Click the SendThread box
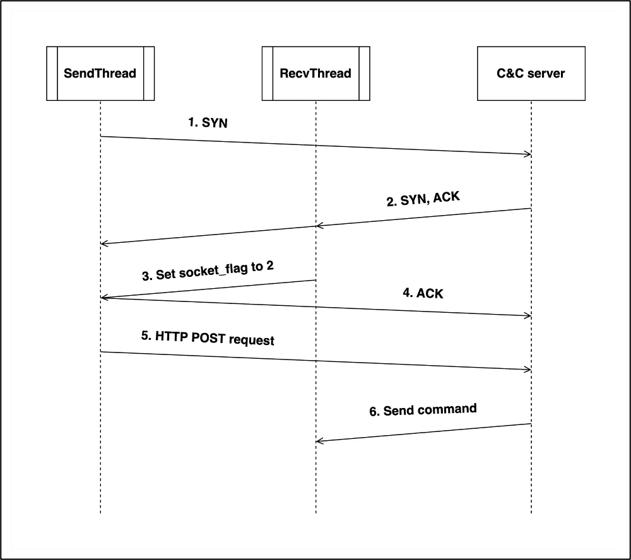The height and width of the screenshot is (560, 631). coord(100,73)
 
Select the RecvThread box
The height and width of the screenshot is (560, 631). coord(315,73)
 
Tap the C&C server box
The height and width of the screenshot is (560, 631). coord(531,73)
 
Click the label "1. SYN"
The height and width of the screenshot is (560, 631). coord(208,122)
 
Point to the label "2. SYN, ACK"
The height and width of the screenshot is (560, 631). coord(423,199)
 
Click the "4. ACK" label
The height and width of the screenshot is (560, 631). coord(423,293)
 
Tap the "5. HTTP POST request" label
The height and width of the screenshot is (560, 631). coord(208,338)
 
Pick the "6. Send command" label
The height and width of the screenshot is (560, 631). coord(423,410)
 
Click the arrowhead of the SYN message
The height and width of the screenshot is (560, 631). coord(528,154)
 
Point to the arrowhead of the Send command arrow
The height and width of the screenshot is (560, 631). coord(319,441)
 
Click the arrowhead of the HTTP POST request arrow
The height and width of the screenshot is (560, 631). coord(528,370)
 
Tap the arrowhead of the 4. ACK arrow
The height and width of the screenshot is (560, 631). coord(528,316)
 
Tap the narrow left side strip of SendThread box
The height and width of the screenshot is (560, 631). coord(52,73)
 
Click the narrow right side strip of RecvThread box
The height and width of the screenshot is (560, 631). coord(364,73)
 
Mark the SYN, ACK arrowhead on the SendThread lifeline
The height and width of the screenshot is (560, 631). coord(103,243)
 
